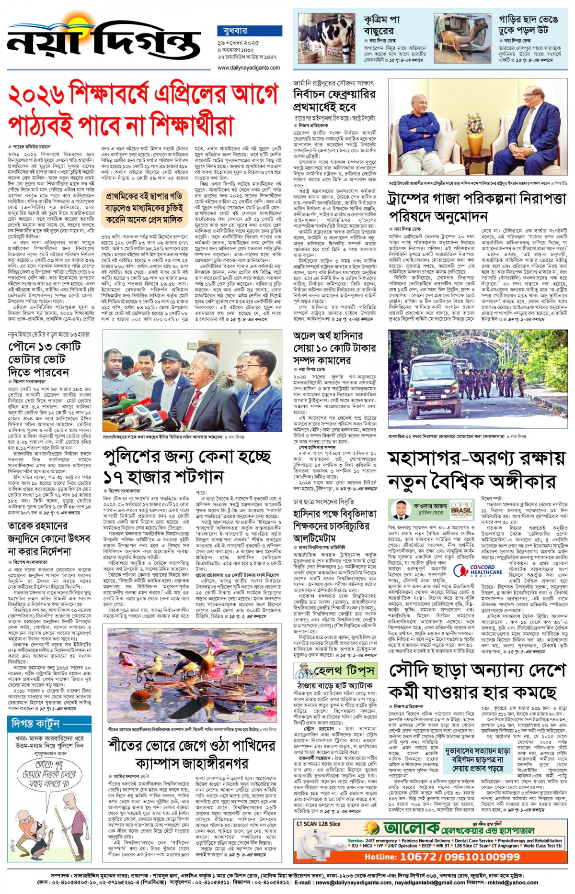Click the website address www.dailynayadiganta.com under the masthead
(x=249, y=67)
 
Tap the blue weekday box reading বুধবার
(x=249, y=31)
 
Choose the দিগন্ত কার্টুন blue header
(x=35, y=724)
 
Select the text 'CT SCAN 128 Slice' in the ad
(x=318, y=824)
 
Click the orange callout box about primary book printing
(x=145, y=208)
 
